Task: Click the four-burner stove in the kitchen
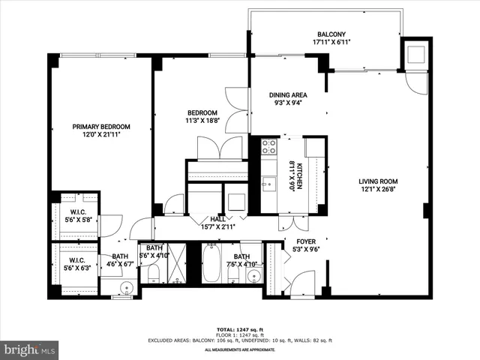point(268,145)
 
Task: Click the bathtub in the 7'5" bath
point(212,265)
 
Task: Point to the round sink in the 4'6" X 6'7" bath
point(125,286)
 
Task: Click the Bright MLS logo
point(30,349)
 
